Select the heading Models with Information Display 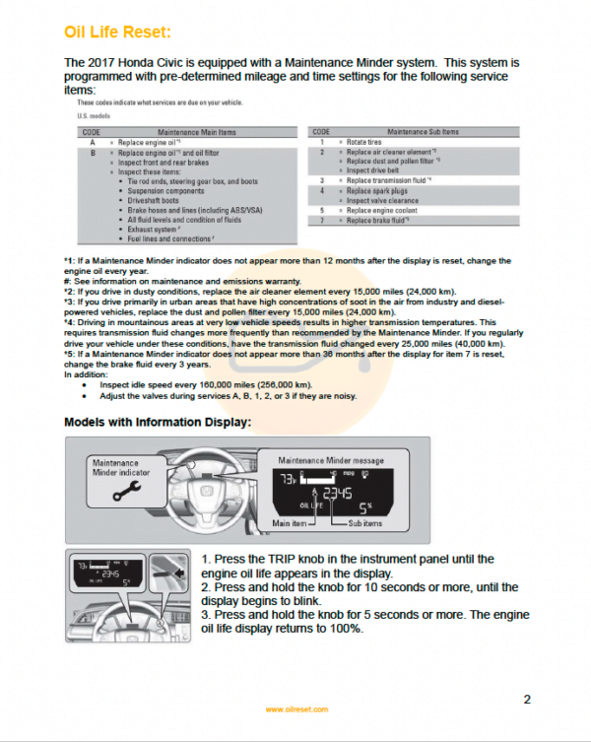click(x=158, y=422)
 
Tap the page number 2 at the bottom click(x=527, y=700)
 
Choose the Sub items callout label click(x=368, y=523)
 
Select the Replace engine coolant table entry click(x=384, y=211)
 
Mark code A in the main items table click(x=91, y=143)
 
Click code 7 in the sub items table click(x=322, y=221)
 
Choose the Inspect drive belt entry click(x=376, y=171)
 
